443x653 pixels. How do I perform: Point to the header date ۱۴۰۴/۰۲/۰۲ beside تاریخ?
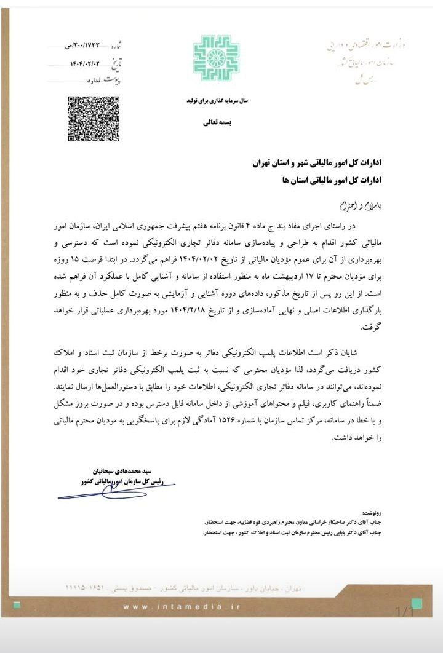pyautogui.click(x=79, y=64)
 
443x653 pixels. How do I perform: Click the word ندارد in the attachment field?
pyautogui.click(x=94, y=80)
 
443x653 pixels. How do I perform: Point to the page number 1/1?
pyautogui.click(x=404, y=611)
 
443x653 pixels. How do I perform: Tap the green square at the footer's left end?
pyautogui.click(x=17, y=606)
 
